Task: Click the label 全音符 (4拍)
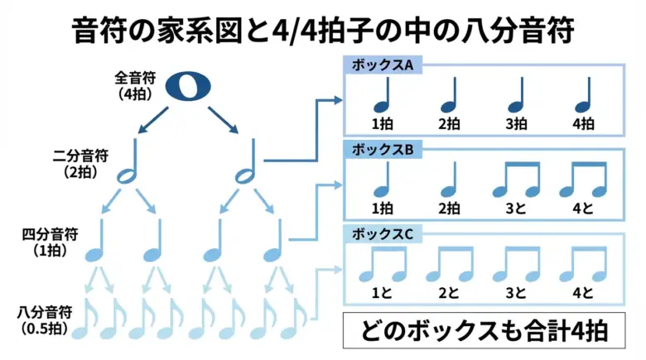click(x=132, y=86)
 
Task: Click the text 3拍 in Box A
click(x=516, y=124)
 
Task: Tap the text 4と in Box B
click(x=584, y=209)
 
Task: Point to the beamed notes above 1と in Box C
click(x=382, y=264)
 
